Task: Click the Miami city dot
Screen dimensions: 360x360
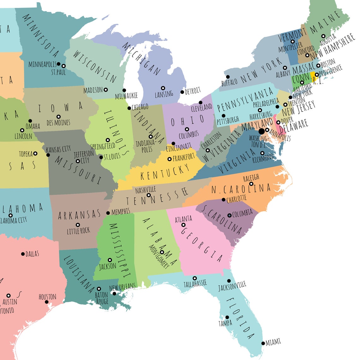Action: click(x=263, y=344)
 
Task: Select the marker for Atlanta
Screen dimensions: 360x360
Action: click(x=183, y=225)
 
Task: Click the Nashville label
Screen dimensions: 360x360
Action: click(x=146, y=190)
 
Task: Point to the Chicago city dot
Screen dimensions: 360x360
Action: click(x=129, y=108)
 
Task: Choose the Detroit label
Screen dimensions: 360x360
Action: click(x=193, y=91)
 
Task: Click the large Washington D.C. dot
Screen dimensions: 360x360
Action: click(x=261, y=131)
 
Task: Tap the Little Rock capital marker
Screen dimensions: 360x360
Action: click(x=78, y=225)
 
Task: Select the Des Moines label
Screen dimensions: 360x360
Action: click(x=58, y=123)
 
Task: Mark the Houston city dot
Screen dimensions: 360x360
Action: click(x=47, y=302)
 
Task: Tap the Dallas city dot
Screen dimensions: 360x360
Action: click(x=23, y=254)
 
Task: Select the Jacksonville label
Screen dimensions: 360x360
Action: click(x=232, y=286)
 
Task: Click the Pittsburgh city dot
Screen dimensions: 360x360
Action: click(x=224, y=116)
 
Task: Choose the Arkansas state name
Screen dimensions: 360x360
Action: click(x=79, y=215)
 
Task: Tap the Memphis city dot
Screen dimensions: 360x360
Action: click(x=108, y=213)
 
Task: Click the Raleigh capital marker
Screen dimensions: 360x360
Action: click(x=251, y=184)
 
